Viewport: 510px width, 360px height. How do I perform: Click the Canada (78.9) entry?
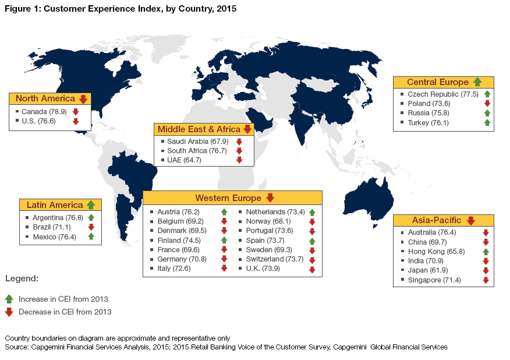[44, 111]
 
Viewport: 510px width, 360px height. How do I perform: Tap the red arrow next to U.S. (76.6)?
[76, 121]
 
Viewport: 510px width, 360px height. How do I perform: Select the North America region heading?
[45, 98]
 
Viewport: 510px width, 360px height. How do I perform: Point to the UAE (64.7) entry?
[184, 160]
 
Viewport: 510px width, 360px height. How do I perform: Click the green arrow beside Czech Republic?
[487, 94]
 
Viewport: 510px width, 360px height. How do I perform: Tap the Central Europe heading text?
[437, 82]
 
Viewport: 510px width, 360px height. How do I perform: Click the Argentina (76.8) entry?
[58, 217]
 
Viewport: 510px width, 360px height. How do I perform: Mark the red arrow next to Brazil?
[91, 227]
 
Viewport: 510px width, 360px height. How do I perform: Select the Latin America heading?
[55, 205]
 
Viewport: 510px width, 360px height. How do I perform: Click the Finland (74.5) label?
[179, 240]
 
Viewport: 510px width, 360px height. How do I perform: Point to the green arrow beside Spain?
[313, 241]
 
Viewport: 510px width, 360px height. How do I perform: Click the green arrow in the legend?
[9, 299]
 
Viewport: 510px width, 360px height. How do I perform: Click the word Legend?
[22, 279]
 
